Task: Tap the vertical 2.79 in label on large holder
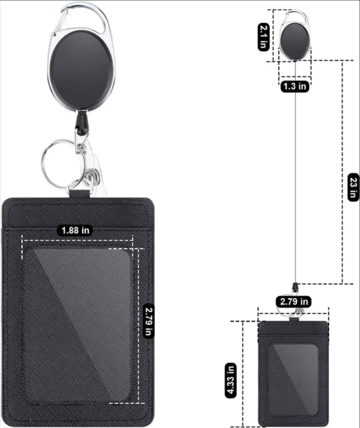[149, 321]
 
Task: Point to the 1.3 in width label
[295, 86]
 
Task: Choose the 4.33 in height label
[230, 380]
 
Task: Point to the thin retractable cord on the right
[295, 180]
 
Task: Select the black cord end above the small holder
[295, 286]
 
